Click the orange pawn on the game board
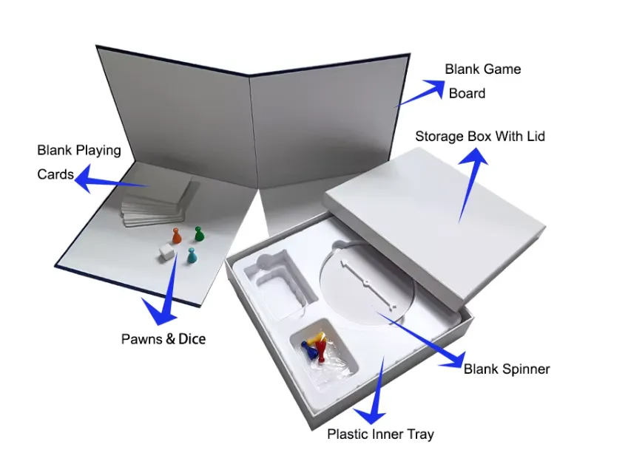point(176,236)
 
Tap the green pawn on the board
point(198,234)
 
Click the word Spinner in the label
point(525,369)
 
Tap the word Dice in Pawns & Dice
point(192,339)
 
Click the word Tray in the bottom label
point(418,434)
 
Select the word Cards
point(55,174)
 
